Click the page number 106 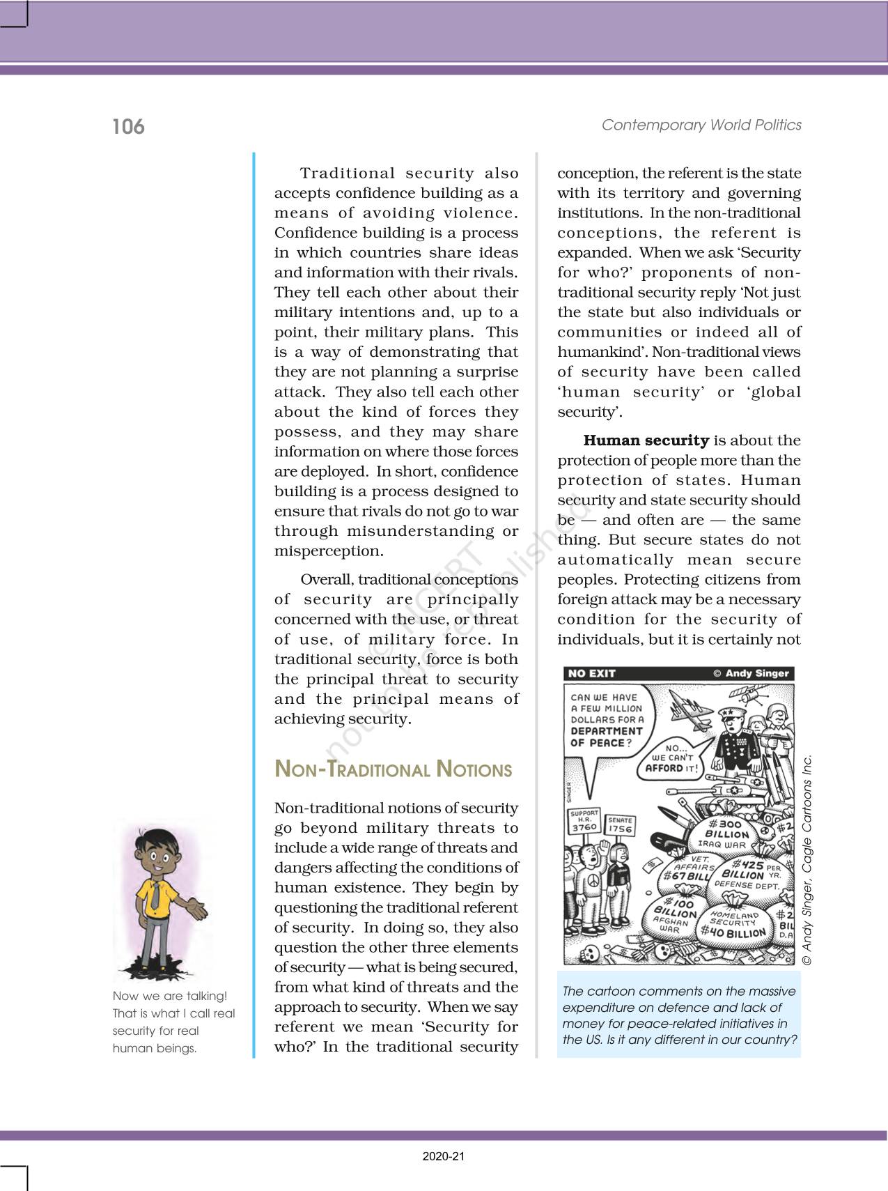point(128,127)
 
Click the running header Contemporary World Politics point(701,125)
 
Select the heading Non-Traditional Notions point(394,769)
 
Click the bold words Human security point(646,440)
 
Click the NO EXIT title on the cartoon point(591,673)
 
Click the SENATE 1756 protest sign point(620,826)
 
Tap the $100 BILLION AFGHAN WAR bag point(674,915)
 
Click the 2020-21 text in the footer point(444,1157)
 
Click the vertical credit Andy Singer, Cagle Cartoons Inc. point(807,861)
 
